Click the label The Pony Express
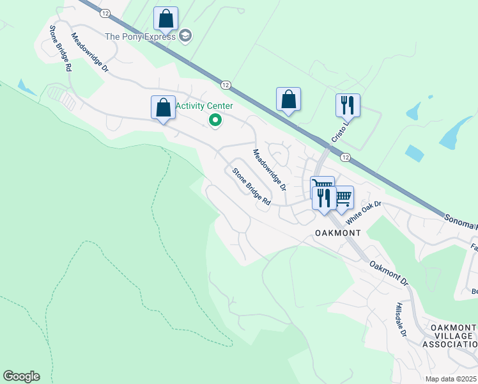140,36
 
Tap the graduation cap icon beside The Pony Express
185,36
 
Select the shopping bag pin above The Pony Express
166,20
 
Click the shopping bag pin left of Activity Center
163,108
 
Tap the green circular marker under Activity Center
216,120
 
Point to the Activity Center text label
204,106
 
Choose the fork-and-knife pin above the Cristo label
348,106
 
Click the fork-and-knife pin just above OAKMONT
323,198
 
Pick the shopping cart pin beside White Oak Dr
343,198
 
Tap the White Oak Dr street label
364,212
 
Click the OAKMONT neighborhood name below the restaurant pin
338,233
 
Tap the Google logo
21,376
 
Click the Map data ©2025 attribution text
450,379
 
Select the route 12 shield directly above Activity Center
226,84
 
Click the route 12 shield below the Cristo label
345,157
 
